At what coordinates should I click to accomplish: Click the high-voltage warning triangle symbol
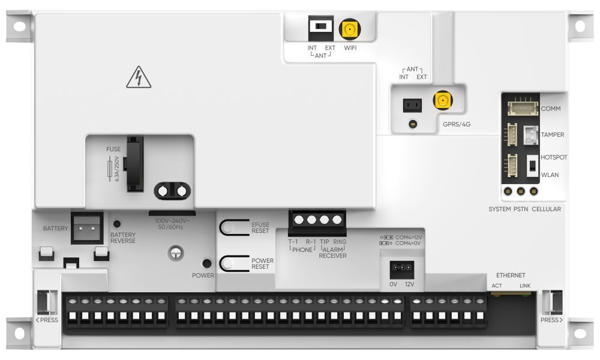tap(139, 77)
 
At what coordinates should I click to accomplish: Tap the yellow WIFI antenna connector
tap(350, 29)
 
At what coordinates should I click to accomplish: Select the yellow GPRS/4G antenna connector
tap(443, 100)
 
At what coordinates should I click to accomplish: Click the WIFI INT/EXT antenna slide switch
tap(320, 28)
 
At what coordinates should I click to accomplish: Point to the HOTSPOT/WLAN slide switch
tap(532, 166)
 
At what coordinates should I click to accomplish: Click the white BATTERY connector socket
tap(87, 229)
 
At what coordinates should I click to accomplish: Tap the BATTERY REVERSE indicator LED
tap(117, 224)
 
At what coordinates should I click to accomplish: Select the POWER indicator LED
tap(206, 263)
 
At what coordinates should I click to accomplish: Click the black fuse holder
tap(135, 164)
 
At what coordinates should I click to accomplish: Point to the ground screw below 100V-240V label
tap(176, 253)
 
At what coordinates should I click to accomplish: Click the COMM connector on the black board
tap(523, 108)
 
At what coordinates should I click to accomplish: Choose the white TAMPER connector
tap(531, 135)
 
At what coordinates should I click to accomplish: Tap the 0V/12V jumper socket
tap(401, 270)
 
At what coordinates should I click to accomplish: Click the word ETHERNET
tap(511, 275)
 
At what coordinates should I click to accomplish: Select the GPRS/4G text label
tap(457, 124)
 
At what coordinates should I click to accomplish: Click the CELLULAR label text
tap(546, 209)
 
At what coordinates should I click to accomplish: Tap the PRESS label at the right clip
tap(551, 320)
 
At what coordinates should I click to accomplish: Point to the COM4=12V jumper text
tap(408, 237)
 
